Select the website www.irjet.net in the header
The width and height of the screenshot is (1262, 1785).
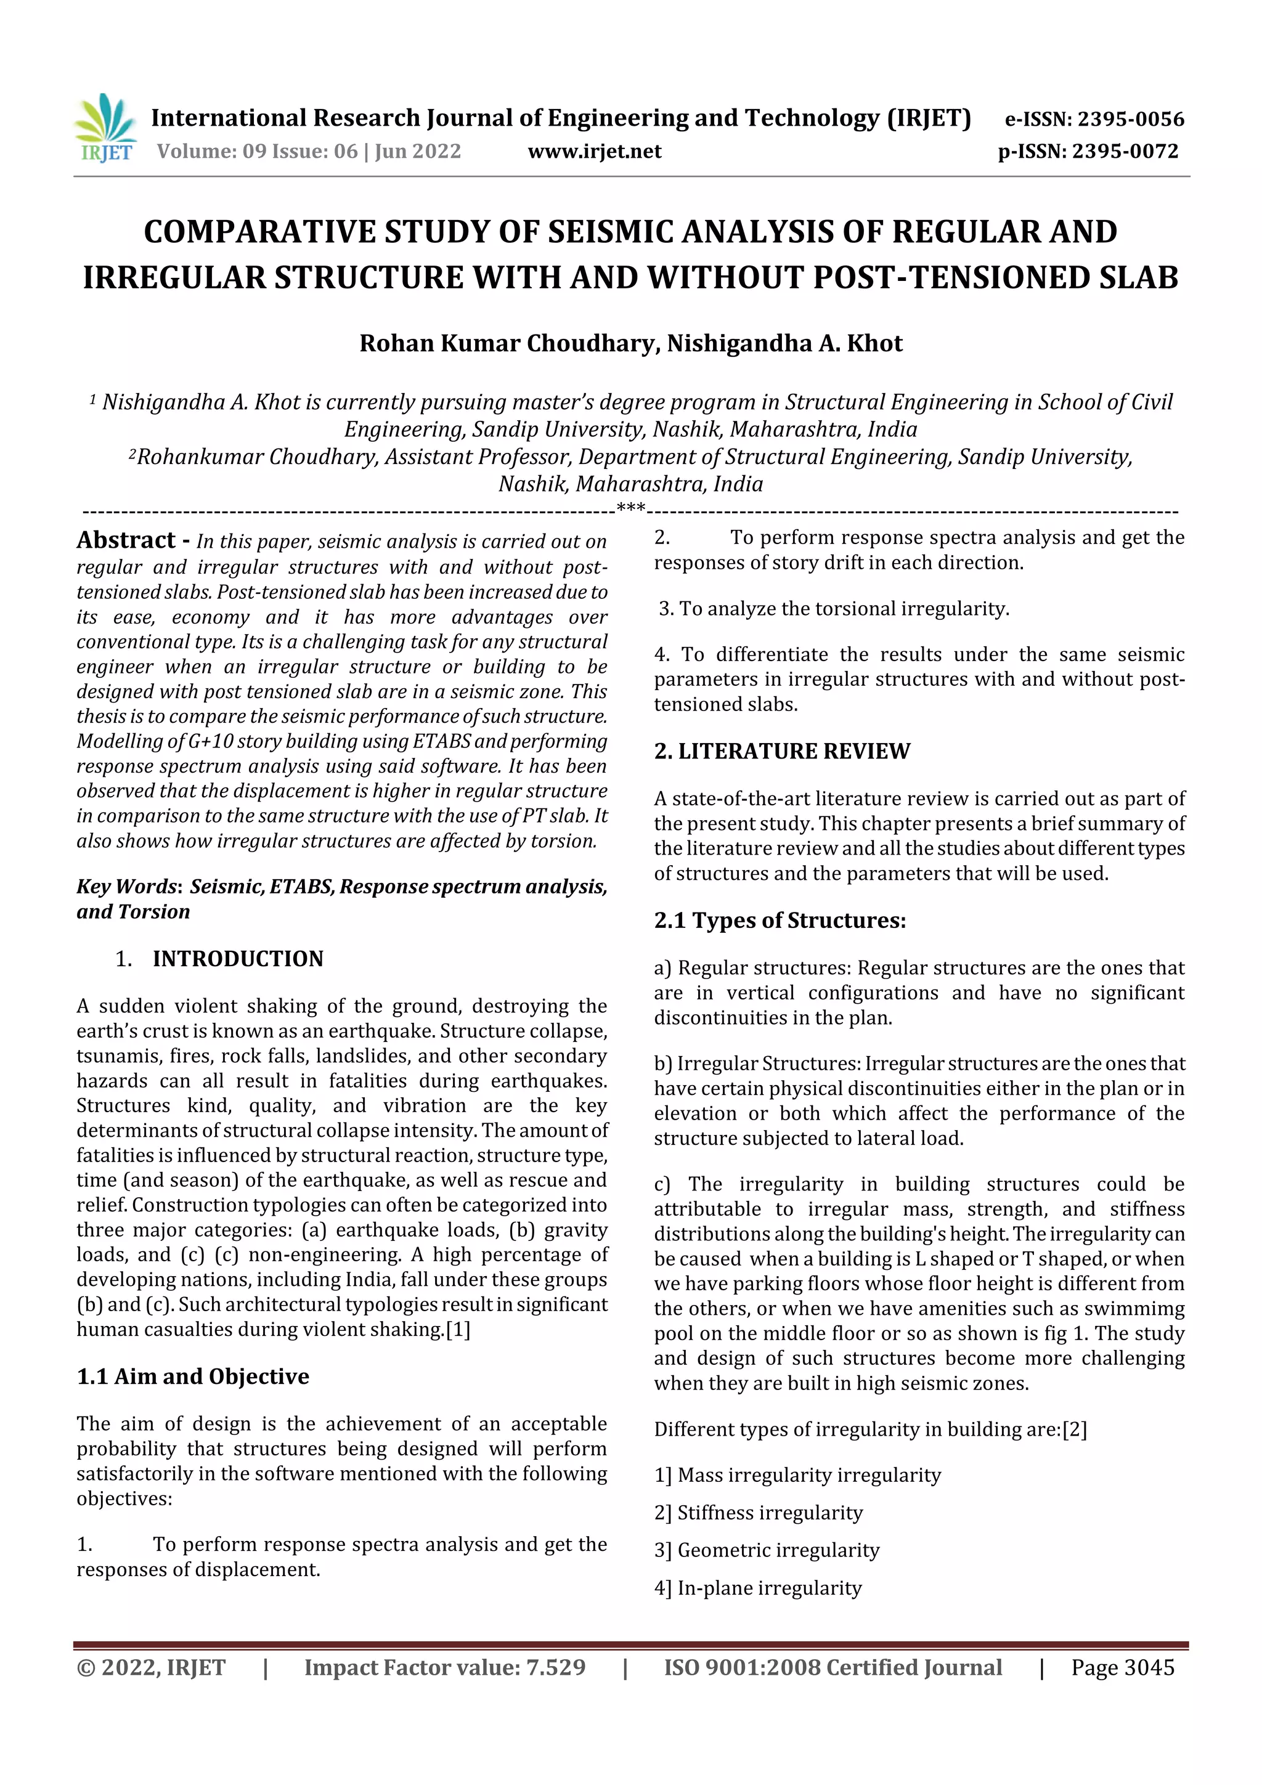tap(595, 152)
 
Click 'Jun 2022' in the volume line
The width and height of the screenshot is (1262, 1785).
tap(418, 152)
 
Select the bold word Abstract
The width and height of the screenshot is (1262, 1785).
tap(126, 540)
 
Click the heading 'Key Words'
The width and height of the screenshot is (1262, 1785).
tap(128, 887)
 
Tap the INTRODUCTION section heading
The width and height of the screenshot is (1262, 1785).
tap(238, 959)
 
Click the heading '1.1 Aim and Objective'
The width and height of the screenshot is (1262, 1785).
tap(193, 1377)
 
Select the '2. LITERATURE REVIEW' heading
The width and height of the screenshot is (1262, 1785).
tap(781, 751)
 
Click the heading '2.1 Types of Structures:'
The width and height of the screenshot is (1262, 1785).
tap(780, 921)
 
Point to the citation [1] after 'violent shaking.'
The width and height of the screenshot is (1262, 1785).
tap(458, 1330)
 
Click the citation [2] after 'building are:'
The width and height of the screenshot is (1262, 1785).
tap(1075, 1429)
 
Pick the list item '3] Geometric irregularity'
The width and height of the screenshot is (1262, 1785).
tap(767, 1550)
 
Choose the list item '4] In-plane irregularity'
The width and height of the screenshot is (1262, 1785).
tap(758, 1588)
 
